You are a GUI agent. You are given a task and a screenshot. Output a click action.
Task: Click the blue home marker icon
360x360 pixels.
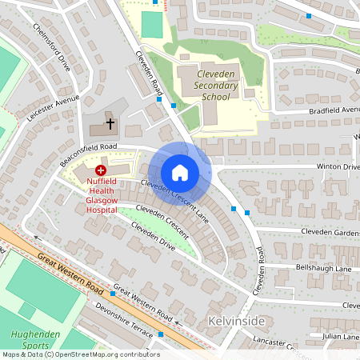[x=180, y=172]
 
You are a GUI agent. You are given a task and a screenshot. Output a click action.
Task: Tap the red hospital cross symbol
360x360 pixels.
[x=102, y=170]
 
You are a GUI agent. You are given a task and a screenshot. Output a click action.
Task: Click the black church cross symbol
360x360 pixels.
[x=110, y=125]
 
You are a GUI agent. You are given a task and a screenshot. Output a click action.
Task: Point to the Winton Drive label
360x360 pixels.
[x=338, y=166]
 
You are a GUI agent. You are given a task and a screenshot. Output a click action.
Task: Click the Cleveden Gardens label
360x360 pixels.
[x=330, y=231]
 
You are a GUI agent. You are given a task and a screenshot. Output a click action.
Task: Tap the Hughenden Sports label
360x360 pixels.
[x=32, y=340]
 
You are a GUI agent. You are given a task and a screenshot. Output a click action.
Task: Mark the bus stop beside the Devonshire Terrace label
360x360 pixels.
[x=161, y=334]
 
